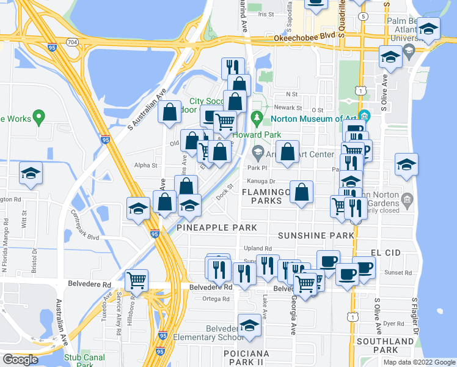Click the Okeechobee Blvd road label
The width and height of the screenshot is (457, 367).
(298, 37)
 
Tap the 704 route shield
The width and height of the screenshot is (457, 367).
(73, 42)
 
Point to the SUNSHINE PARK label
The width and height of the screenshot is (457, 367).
(316, 235)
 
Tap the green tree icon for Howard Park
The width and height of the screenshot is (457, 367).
(257, 117)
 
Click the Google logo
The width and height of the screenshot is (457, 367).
(20, 360)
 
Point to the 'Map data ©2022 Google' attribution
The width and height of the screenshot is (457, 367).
(419, 362)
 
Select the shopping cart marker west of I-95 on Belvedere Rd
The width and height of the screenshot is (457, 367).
(137, 281)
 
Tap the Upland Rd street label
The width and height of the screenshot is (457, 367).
(258, 248)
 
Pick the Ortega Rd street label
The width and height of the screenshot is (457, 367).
(217, 299)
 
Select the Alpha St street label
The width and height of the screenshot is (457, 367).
(145, 165)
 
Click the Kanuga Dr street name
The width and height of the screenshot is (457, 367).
(261, 181)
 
